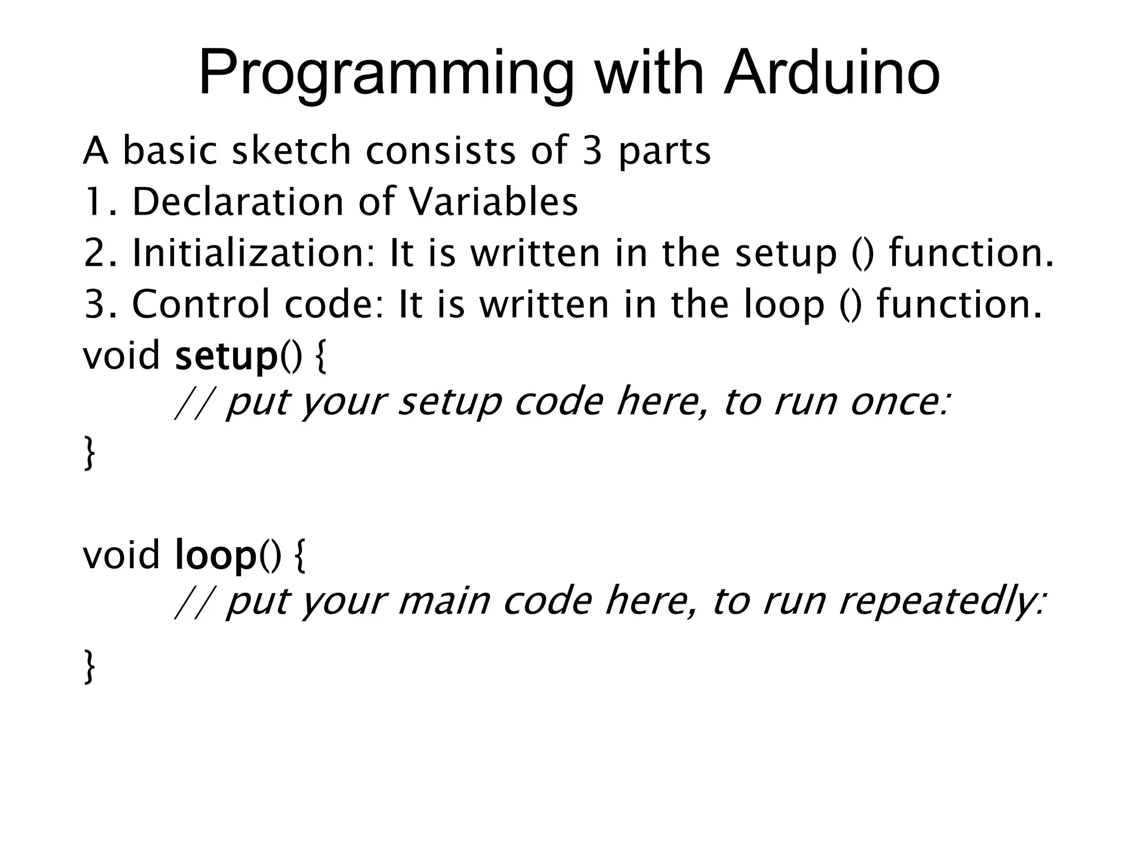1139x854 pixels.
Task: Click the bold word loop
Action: click(x=215, y=556)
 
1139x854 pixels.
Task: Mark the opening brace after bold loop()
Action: click(x=299, y=556)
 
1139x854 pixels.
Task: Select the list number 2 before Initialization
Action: click(x=93, y=254)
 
